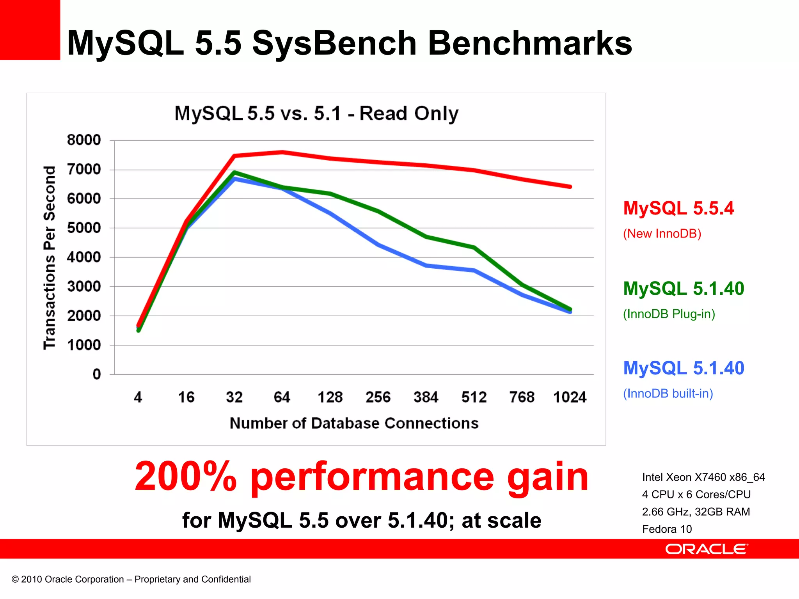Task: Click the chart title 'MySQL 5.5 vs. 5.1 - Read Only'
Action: click(316, 113)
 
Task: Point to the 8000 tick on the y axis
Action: click(84, 140)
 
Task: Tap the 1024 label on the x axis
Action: click(570, 397)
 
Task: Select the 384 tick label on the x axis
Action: click(426, 397)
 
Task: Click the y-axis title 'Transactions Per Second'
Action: click(50, 257)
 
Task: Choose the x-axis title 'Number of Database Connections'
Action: click(354, 423)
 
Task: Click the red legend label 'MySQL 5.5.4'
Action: click(678, 208)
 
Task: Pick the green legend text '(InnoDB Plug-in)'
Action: click(669, 314)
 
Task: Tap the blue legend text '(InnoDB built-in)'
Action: click(668, 393)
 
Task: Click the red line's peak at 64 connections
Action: click(282, 152)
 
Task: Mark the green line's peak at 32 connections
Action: click(234, 172)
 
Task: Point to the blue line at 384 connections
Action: click(426, 266)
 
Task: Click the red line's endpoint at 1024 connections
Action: click(570, 187)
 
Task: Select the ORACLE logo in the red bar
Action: click(706, 549)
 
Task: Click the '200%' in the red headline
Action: click(186, 477)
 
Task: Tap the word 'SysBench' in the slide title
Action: click(334, 43)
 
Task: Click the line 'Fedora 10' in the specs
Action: click(667, 529)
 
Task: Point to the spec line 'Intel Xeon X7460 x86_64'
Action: click(703, 477)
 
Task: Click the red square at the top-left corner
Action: click(30, 30)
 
